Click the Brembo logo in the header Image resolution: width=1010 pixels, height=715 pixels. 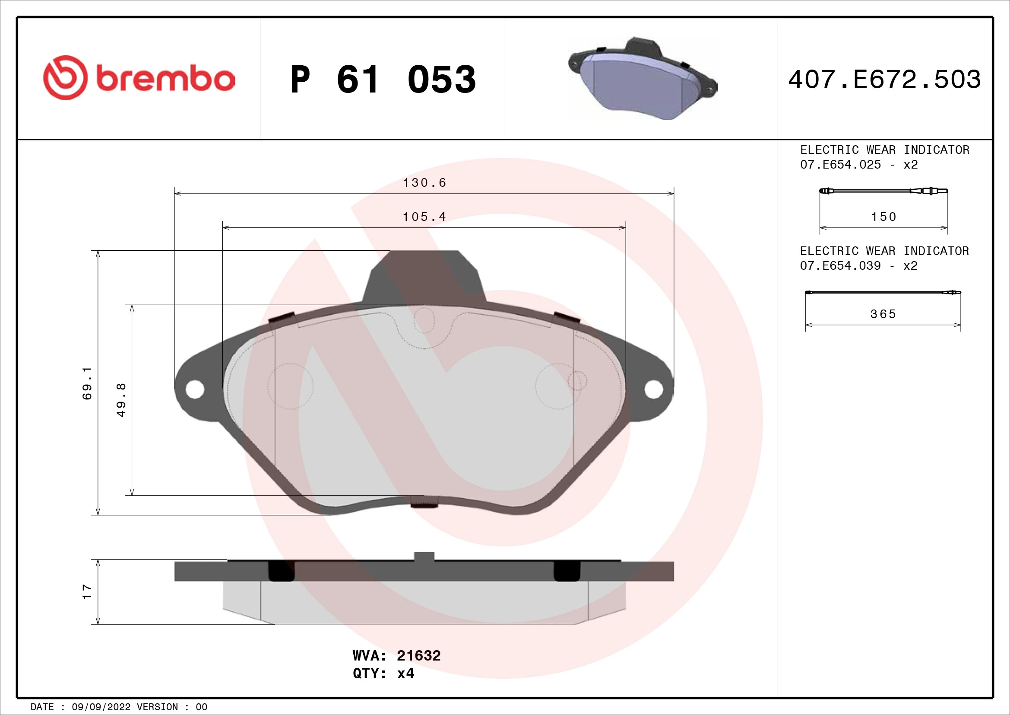139,78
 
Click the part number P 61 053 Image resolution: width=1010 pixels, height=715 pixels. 383,80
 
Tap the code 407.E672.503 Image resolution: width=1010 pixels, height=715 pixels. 884,80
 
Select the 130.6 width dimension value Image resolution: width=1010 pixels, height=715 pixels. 424,183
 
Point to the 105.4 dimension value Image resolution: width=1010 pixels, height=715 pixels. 424,217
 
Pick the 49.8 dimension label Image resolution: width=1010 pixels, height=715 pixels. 121,400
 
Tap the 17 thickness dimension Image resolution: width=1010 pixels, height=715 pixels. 88,591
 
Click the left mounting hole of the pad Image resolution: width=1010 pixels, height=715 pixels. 194,389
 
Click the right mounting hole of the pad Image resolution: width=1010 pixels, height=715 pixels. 654,389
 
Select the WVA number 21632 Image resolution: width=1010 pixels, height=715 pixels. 418,656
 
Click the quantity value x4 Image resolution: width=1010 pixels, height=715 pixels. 405,674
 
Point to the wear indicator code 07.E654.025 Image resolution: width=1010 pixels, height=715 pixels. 840,165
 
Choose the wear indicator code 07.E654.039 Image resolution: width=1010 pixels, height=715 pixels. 840,266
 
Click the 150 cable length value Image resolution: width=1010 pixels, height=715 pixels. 883,217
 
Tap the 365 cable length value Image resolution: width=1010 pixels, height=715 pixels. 883,314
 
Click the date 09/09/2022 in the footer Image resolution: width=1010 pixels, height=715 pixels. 101,707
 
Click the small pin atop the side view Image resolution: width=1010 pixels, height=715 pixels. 424,556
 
